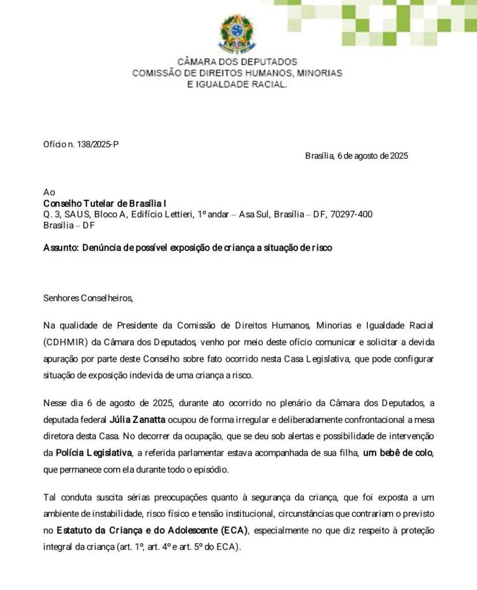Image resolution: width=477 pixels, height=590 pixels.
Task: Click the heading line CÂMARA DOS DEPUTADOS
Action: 237,61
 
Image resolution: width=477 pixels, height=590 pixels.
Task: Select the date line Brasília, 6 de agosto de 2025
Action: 356,156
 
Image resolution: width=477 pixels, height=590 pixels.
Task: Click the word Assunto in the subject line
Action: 61,248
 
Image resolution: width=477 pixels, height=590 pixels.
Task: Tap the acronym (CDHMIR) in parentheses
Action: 65,342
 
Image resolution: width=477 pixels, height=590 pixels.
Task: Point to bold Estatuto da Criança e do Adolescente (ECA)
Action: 152,530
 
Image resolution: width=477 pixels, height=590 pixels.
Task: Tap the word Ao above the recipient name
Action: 49,192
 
